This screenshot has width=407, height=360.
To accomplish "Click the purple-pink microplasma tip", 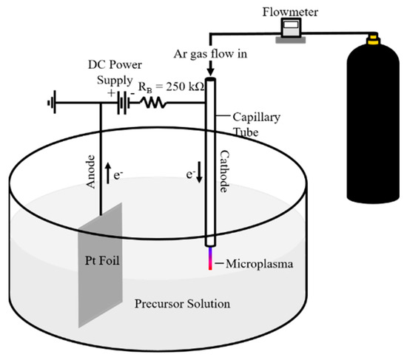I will [x=210, y=261].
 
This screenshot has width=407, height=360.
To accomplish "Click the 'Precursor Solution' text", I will [x=182, y=304].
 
